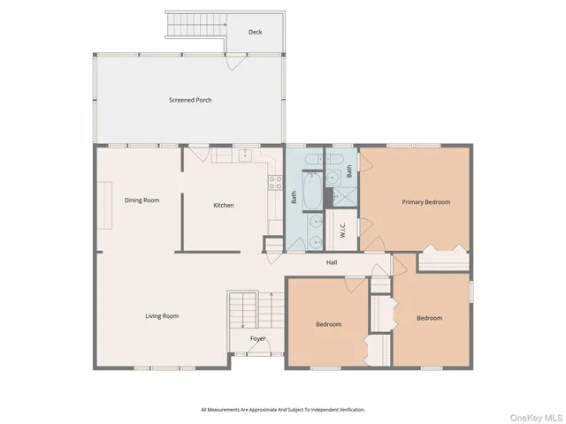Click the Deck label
coord(255,33)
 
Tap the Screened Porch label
coord(190,100)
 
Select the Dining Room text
coord(141,201)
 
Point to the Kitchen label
coord(224,206)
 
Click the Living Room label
coord(162,315)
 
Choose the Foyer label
coord(257,338)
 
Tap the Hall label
coord(332,262)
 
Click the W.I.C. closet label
coord(342,228)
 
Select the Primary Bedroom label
coord(425,202)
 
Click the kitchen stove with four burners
coord(275,185)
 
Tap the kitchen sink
coord(244,156)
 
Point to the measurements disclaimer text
coord(282,410)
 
